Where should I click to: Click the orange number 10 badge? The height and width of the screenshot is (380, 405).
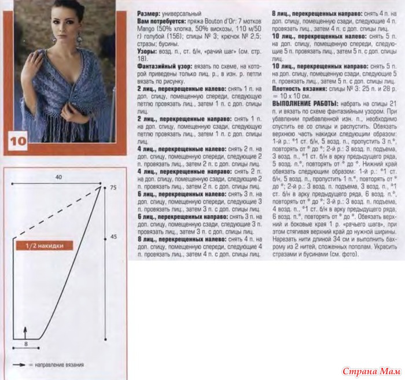pyautogui.click(x=17, y=141)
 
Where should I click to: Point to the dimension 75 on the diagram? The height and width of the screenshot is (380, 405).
pyautogui.click(x=112, y=189)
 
